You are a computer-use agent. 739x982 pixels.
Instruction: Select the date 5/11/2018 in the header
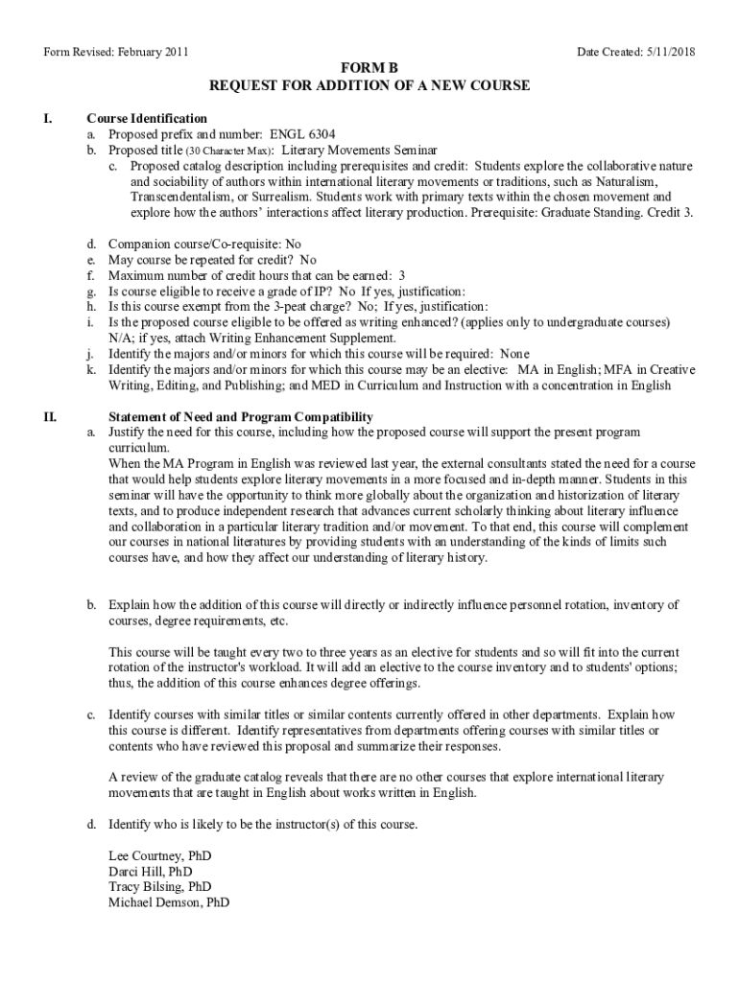coord(664,52)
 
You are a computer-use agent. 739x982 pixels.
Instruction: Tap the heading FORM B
coord(369,69)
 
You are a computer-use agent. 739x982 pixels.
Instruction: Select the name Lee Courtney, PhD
coord(160,854)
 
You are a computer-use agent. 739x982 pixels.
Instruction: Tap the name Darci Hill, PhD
coord(151,871)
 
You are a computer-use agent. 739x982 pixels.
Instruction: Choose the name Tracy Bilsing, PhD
coord(160,887)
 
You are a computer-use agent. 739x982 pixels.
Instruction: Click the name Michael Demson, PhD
coord(169,903)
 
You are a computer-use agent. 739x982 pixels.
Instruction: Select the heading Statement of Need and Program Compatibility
coord(240,417)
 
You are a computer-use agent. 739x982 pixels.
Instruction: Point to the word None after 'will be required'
coord(514,354)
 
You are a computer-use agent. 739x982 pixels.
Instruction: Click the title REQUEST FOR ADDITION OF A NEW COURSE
coord(369,86)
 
